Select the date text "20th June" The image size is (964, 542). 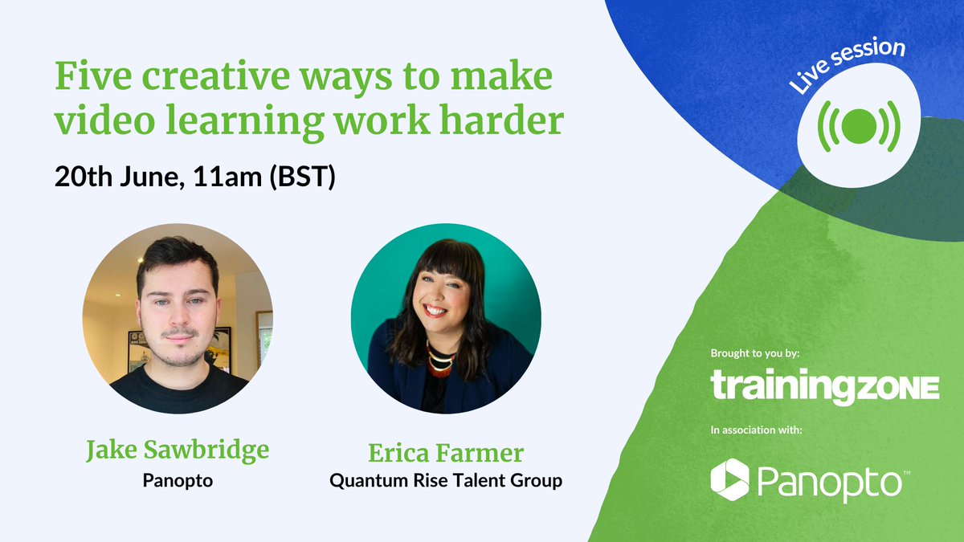(117, 177)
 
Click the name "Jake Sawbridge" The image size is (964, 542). (178, 452)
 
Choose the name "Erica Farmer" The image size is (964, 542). (446, 453)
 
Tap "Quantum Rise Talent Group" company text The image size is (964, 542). (446, 482)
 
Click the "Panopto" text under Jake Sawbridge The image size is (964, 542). (178, 481)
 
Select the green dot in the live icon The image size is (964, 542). (858, 125)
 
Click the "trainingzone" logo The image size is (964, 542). (825, 385)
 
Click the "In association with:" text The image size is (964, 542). (756, 431)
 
